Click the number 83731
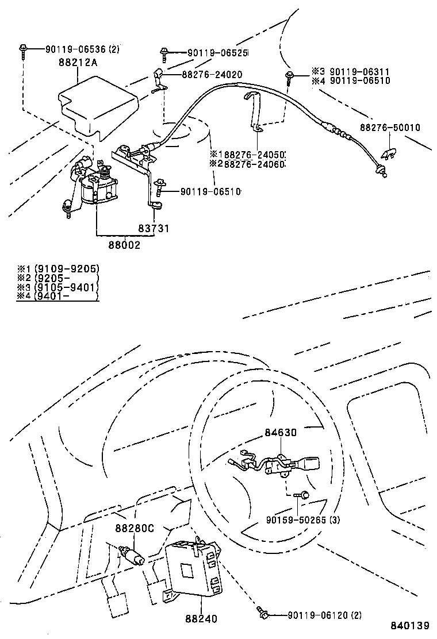[153, 229]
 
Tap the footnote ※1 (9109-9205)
[57, 268]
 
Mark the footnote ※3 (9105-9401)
[57, 287]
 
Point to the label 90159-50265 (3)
[304, 520]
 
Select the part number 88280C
[134, 528]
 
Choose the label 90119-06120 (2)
[324, 615]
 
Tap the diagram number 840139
[411, 625]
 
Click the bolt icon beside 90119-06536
[24, 50]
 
